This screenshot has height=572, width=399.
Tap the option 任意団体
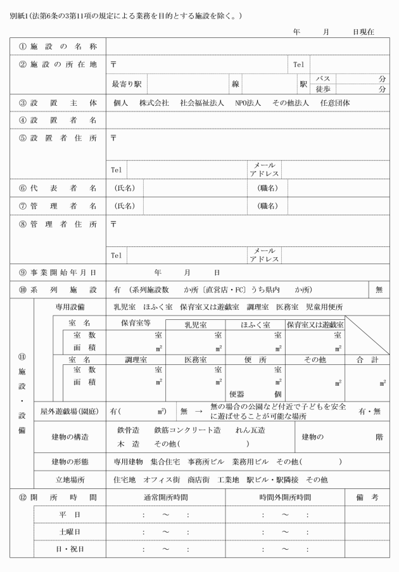pyautogui.click(x=336, y=103)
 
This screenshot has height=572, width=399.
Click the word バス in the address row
pyautogui.click(x=323, y=78)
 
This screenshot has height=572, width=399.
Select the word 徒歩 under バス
pyautogui.click(x=323, y=89)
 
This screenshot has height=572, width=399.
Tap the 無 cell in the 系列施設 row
pyautogui.click(x=379, y=289)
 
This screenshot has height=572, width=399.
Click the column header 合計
pyautogui.click(x=367, y=359)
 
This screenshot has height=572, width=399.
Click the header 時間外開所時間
pyautogui.click(x=285, y=497)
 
